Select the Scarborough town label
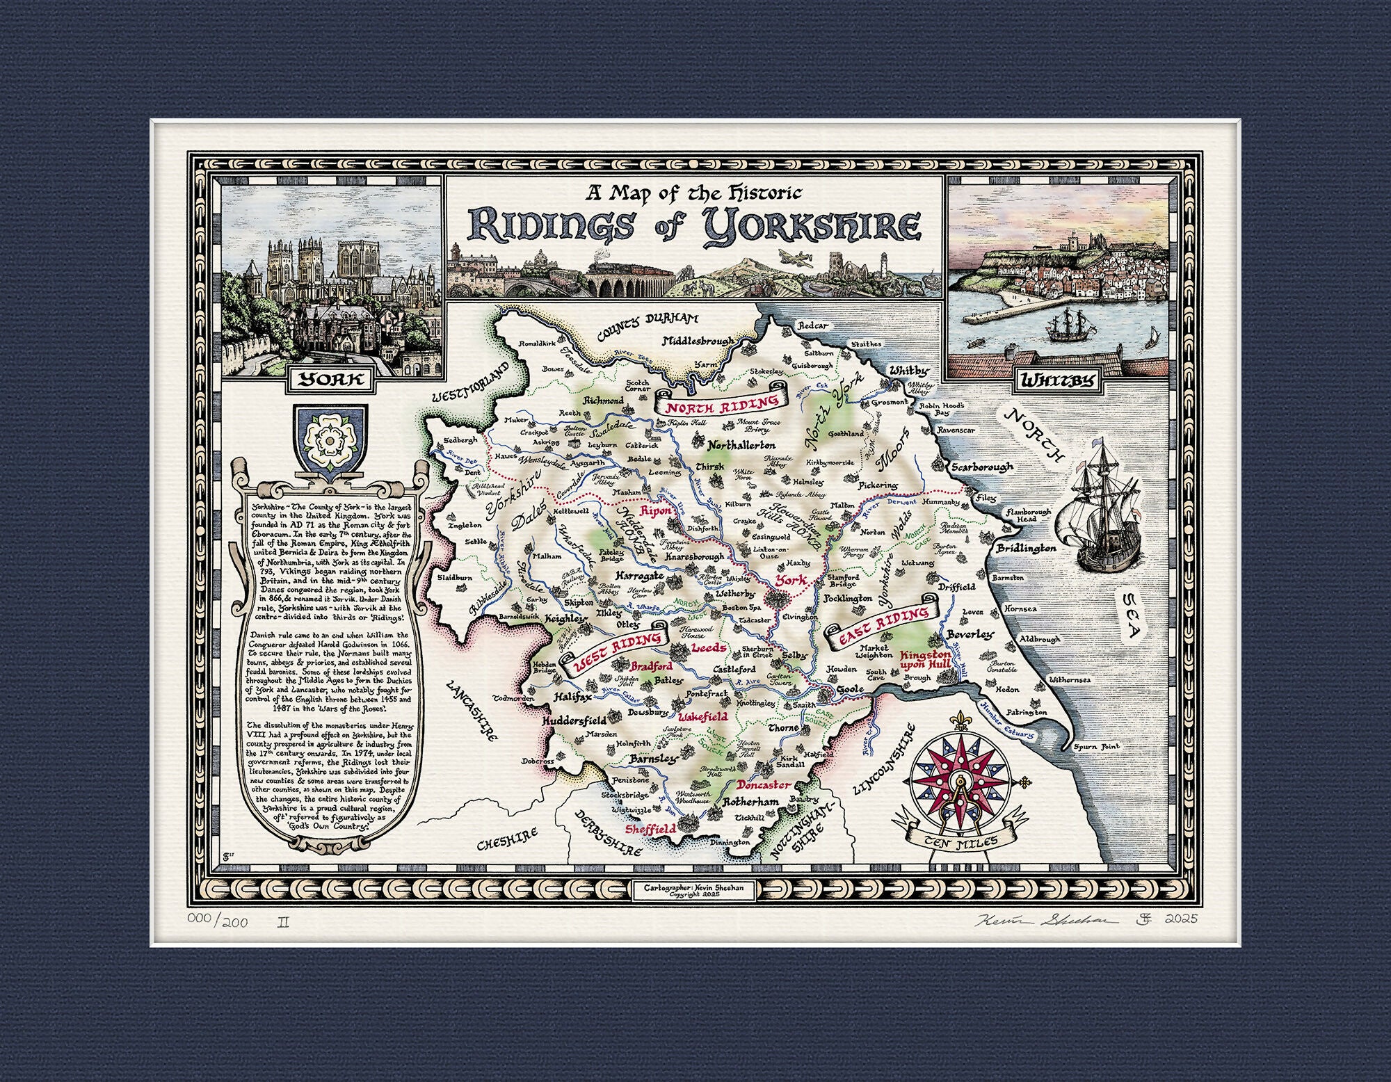(982, 467)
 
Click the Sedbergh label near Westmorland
(458, 441)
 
